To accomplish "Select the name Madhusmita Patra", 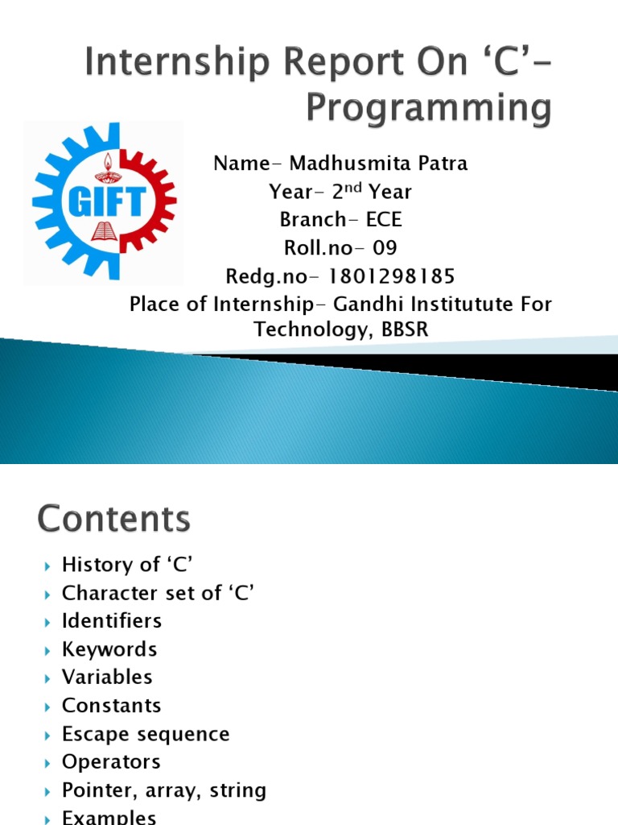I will [378, 164].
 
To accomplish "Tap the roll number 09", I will [383, 248].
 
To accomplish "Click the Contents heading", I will [114, 519].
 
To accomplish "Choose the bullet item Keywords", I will [109, 649].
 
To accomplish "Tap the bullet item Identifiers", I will [112, 621].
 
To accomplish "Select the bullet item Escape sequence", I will [146, 735].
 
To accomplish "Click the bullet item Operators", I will [111, 762].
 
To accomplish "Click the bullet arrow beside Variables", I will [47, 678].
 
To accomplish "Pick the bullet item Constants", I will [111, 706].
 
